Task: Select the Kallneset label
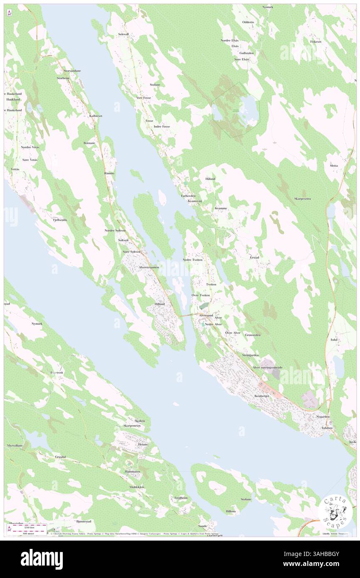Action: tap(96, 116)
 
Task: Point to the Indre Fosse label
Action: tap(162, 126)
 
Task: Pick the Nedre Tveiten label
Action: tap(192, 259)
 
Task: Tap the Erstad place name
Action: tap(254, 257)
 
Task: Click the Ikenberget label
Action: tap(262, 396)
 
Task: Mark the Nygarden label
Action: tap(323, 416)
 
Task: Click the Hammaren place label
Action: tap(133, 472)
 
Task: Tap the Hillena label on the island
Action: tap(231, 511)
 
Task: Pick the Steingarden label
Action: tap(250, 355)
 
